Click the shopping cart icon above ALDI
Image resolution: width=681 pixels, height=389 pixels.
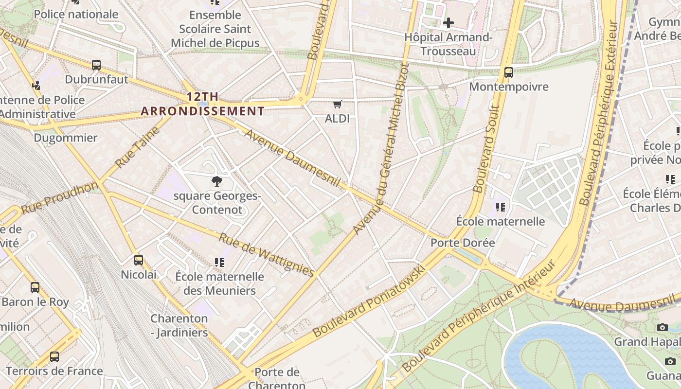click(x=337, y=105)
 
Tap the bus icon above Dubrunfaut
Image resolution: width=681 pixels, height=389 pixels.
click(x=96, y=65)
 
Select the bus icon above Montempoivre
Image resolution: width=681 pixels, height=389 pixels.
click(x=509, y=72)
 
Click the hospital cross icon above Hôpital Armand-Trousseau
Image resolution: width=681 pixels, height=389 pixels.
click(x=448, y=22)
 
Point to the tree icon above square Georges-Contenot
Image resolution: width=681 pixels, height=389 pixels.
click(x=217, y=182)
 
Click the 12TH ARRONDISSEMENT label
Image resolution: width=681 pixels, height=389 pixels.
click(x=202, y=104)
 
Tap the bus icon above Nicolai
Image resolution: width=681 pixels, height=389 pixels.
click(x=139, y=260)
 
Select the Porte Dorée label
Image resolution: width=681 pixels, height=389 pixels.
click(x=463, y=243)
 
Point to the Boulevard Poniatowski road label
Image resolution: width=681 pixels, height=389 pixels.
click(x=370, y=302)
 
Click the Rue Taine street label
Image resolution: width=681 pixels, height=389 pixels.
click(x=138, y=147)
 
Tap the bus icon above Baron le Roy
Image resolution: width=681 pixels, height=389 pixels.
click(x=35, y=287)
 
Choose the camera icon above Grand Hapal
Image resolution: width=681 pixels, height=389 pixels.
click(x=662, y=327)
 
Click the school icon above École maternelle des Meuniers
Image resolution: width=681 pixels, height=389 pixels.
click(x=219, y=263)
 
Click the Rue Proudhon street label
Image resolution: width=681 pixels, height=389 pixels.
click(x=59, y=198)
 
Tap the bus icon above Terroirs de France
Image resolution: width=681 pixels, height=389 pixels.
click(x=54, y=357)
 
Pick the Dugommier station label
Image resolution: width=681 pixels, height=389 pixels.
click(x=66, y=138)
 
